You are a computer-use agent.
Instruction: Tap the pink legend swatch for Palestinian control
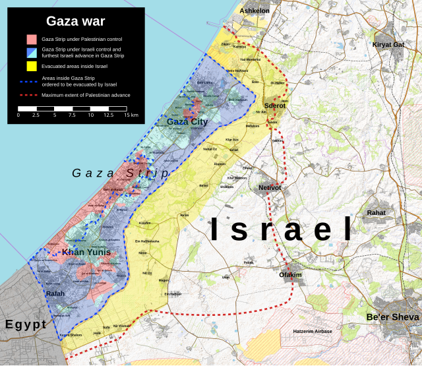(31, 39)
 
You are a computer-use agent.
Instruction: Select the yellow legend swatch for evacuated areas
(31, 66)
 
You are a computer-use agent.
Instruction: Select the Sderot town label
(274, 106)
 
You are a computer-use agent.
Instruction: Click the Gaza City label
(187, 121)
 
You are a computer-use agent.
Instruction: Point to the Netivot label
(270, 188)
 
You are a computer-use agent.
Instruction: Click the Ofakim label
(291, 274)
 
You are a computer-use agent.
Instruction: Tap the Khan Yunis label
(81, 253)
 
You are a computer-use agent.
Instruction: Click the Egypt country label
(26, 324)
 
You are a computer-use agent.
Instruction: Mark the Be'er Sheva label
(392, 317)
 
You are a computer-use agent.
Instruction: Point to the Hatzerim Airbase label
(312, 330)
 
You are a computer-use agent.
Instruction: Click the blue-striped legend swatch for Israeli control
(31, 52)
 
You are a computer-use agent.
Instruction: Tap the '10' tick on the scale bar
(90, 115)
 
